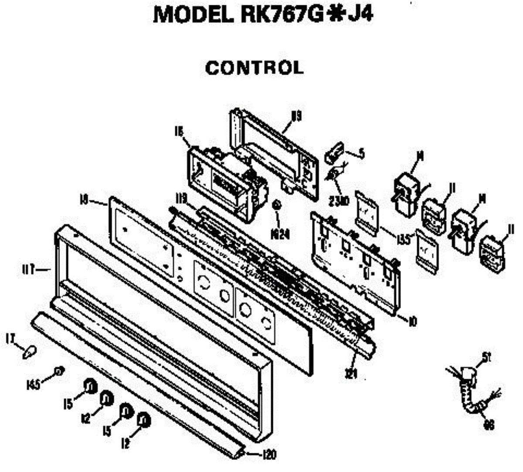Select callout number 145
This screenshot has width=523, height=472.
tap(33, 384)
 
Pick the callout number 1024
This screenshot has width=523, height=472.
tap(281, 234)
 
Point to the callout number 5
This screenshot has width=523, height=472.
tap(361, 154)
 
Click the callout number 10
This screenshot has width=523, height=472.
tap(412, 322)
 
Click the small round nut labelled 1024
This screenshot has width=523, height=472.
tap(276, 204)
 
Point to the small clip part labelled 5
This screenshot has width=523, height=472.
tap(333, 153)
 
